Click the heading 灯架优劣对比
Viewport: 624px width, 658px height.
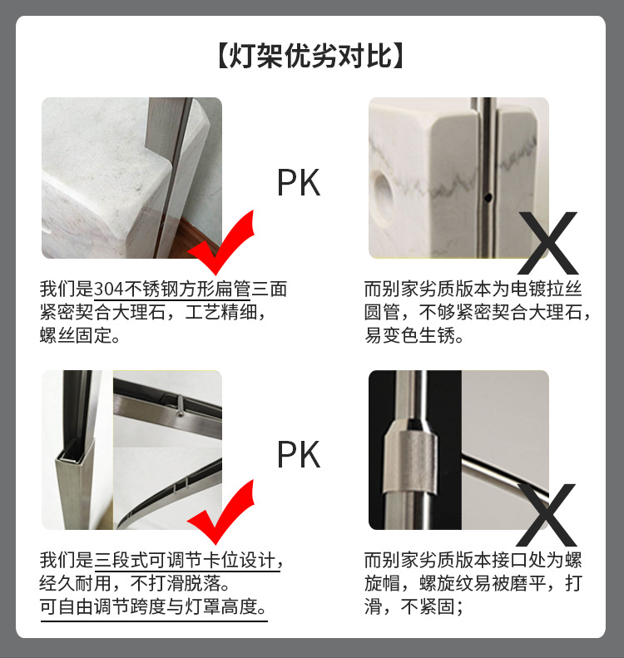[x=311, y=57]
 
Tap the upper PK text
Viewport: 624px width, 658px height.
[x=299, y=182]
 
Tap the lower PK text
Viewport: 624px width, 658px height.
[x=299, y=455]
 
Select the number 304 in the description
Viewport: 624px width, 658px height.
[x=109, y=289]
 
